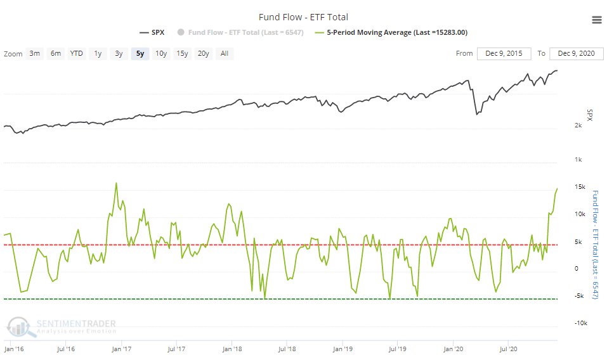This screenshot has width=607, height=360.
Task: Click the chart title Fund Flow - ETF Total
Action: [303, 17]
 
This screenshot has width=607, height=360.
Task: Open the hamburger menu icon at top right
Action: [596, 20]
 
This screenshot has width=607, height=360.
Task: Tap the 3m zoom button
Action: [35, 54]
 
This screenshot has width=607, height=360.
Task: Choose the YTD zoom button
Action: [77, 54]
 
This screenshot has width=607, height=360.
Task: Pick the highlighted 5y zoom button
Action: [140, 54]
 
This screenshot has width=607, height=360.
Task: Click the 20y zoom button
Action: [203, 54]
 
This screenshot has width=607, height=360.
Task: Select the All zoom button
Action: [225, 54]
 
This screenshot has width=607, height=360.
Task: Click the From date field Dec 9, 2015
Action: [505, 54]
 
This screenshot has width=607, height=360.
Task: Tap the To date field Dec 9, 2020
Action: [577, 54]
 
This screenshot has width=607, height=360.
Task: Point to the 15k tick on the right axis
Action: [578, 186]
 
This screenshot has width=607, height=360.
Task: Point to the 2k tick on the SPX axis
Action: [578, 126]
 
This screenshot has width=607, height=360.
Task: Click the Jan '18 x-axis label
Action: [233, 349]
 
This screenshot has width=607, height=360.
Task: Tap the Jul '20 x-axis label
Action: [508, 349]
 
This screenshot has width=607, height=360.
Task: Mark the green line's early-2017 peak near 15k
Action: [116, 183]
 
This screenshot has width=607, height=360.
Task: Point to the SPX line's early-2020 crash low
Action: [476, 115]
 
